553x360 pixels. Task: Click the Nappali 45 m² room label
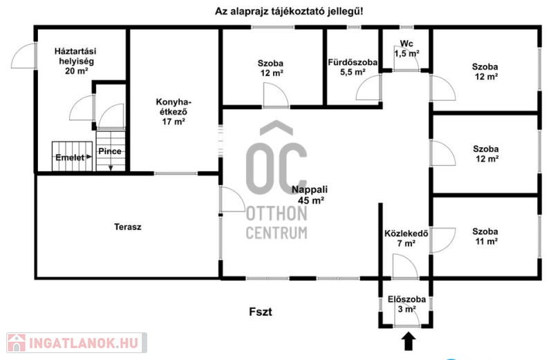(309, 195)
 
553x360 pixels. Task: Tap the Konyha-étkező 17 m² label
(174, 112)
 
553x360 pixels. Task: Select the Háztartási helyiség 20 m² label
(76, 61)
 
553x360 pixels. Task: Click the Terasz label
(128, 227)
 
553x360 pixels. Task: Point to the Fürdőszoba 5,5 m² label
(353, 67)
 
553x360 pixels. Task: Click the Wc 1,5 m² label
(406, 48)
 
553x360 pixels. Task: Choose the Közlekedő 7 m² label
(406, 238)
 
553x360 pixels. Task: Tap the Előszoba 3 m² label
(406, 304)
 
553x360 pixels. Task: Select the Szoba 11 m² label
(485, 236)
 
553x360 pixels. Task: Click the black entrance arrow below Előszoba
(409, 341)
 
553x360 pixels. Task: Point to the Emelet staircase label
(70, 158)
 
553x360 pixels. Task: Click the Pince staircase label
(110, 151)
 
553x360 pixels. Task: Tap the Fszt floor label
(261, 312)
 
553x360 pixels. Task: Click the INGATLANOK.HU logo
(77, 343)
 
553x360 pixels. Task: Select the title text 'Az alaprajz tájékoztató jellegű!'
(289, 11)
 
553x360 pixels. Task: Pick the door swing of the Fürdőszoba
(369, 88)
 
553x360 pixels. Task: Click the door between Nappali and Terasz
(232, 200)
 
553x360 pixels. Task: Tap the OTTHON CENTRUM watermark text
(276, 222)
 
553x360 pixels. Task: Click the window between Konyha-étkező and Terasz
(176, 173)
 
